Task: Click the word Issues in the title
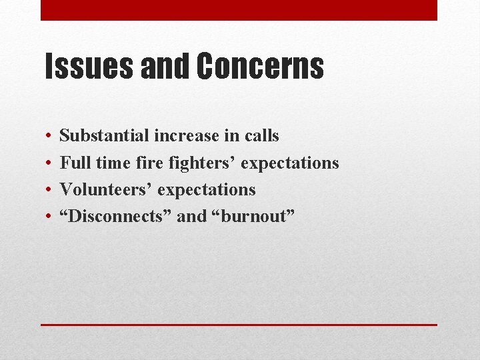click(x=83, y=67)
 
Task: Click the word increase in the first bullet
click(x=187, y=136)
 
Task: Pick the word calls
click(x=261, y=136)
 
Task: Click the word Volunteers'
click(x=108, y=189)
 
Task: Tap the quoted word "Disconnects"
click(x=116, y=217)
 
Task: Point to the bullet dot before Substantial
click(x=50, y=137)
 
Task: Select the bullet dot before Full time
click(x=50, y=163)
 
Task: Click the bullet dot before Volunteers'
click(x=50, y=190)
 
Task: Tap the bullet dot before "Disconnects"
click(x=50, y=217)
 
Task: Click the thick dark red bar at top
click(x=239, y=10)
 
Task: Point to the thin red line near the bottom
click(x=239, y=325)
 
